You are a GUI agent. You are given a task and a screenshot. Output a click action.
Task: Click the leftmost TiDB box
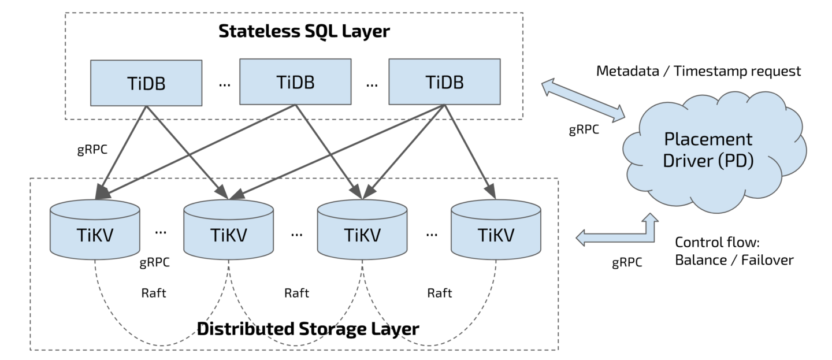pos(146,83)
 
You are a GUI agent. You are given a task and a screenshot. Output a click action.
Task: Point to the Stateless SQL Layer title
pos(304,31)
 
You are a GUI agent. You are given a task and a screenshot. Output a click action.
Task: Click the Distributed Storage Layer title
pos(308,329)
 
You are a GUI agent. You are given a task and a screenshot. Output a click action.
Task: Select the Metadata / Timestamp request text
pos(698,71)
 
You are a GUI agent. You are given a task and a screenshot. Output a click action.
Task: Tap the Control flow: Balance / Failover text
pos(734,250)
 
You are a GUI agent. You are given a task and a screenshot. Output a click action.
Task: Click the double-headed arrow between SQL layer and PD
pos(584,102)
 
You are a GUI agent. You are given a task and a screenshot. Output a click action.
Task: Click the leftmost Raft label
pos(154,293)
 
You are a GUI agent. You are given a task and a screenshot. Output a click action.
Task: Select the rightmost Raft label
pos(440,293)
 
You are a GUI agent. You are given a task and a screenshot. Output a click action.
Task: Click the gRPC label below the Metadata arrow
pos(584,129)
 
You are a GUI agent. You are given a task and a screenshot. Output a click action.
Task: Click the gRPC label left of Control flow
pos(627,263)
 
